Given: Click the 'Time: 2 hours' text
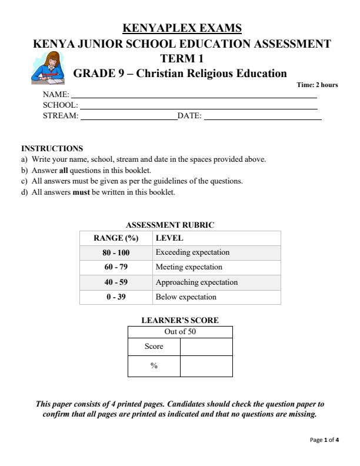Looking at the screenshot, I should pos(317,85).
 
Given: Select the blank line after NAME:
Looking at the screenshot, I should pos(194,96).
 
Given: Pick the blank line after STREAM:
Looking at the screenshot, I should pos(128,118).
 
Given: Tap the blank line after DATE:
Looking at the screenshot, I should pos(262,118).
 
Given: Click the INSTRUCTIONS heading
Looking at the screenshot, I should pos(52,148).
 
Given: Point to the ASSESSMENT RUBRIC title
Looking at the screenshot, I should pos(171,225).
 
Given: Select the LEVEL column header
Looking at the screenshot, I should pos(169,238).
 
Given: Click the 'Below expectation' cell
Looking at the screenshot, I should pos(186,297).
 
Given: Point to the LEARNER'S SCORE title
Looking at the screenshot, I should pos(180,321).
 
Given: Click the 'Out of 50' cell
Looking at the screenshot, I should pos(180,332).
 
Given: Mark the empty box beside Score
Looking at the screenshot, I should pos(206,347).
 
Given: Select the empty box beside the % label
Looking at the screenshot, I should pos(206,366).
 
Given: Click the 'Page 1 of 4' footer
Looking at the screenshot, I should pos(324,440).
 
